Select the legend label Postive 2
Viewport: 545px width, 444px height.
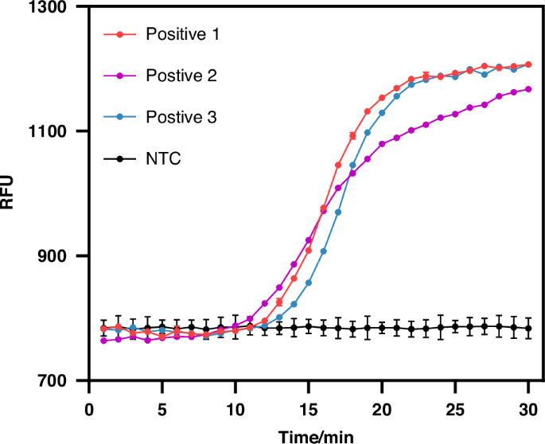(x=181, y=76)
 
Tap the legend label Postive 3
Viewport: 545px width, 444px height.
(x=181, y=117)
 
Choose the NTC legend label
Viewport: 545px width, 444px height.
(x=163, y=158)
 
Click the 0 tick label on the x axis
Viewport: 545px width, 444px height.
(x=89, y=408)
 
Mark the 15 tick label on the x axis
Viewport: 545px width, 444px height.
(x=309, y=408)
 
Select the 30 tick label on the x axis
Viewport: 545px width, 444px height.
(x=528, y=408)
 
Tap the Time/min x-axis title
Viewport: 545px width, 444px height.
(x=308, y=434)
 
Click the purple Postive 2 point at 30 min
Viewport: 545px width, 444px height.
(x=528, y=89)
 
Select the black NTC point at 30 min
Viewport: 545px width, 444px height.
(x=528, y=328)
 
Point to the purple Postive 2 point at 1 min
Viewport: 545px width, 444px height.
(x=103, y=341)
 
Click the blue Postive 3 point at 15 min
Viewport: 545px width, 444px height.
(x=309, y=282)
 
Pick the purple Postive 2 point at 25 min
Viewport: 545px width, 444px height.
(x=455, y=114)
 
